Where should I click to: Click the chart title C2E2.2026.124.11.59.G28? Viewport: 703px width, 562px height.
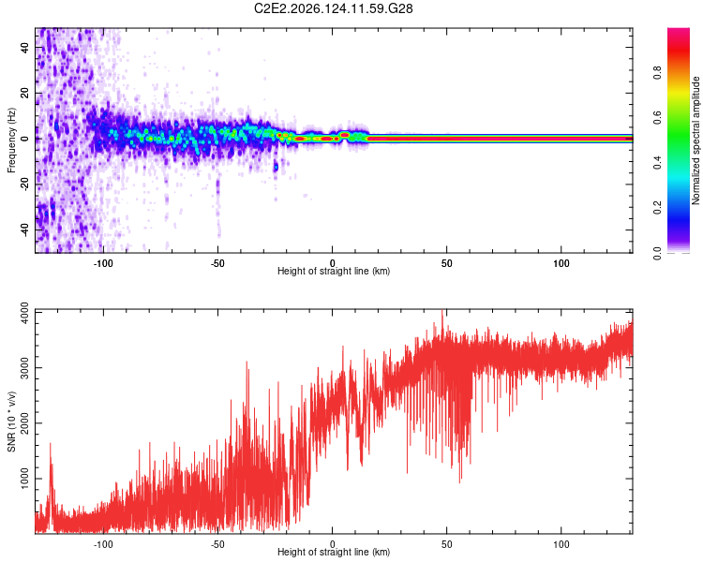(333, 8)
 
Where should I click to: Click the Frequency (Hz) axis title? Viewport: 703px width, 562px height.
(11, 140)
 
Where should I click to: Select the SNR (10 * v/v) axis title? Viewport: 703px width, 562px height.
(11, 421)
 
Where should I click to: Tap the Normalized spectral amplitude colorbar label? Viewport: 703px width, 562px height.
(696, 140)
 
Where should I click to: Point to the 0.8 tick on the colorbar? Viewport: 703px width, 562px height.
(658, 72)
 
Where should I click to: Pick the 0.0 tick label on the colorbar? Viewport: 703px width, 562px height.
(658, 253)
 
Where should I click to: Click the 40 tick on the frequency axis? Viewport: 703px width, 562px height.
(25, 48)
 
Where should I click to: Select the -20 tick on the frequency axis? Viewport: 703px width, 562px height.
(25, 185)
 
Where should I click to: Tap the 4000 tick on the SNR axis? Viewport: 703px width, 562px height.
(25, 313)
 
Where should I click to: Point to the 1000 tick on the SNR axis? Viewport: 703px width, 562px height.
(25, 479)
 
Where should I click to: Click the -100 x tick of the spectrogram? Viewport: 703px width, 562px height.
(103, 263)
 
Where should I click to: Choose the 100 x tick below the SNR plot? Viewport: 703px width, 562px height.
(561, 544)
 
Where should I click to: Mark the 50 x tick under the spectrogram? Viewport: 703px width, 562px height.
(446, 263)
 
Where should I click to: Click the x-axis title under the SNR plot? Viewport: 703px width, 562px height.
(334, 552)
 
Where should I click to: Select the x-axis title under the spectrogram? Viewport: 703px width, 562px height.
(334, 271)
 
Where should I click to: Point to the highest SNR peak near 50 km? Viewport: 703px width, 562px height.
(442, 312)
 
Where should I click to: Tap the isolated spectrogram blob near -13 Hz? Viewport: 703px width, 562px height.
(276, 167)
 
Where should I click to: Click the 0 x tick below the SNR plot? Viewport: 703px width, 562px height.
(332, 544)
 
